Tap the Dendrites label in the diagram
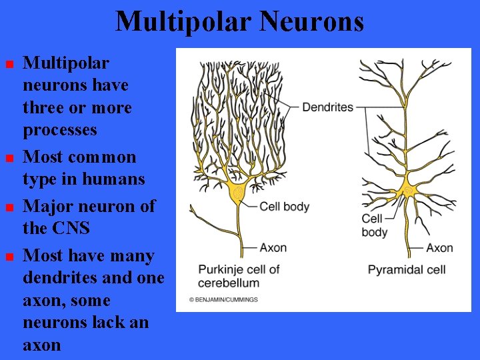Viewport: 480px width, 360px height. (328, 107)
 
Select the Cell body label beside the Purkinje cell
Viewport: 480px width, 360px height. (285, 207)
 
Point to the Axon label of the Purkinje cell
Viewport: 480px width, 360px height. (273, 247)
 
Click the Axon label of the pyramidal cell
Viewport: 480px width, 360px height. (439, 248)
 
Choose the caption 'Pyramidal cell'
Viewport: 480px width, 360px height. (407, 269)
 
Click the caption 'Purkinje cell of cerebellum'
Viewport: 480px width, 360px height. (239, 275)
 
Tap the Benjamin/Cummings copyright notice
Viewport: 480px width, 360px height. (223, 300)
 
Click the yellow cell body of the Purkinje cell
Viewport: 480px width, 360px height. (237, 193)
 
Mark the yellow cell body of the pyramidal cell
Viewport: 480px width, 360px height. (408, 191)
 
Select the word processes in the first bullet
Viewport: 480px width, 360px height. (60, 130)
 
